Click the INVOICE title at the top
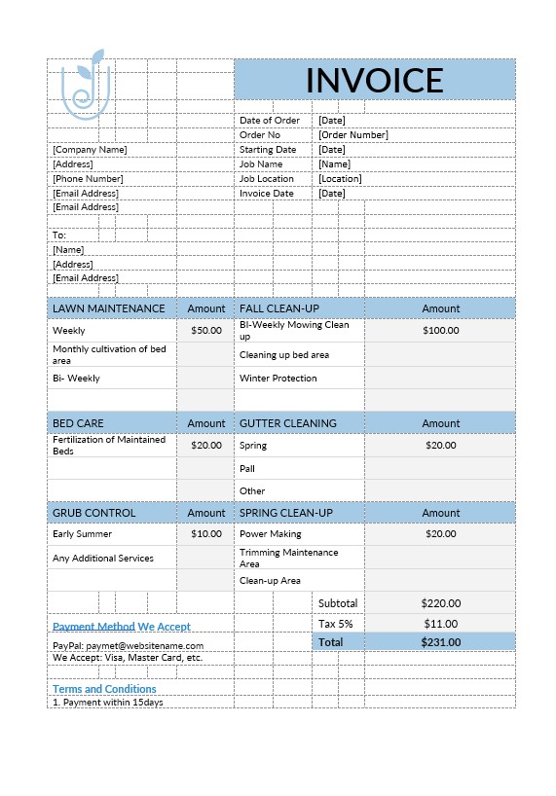374,80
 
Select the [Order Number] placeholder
352,135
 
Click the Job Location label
267,179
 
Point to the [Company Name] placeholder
90,150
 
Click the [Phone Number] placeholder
88,179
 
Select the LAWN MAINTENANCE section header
109,308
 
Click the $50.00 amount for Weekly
206,331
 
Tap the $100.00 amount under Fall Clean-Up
441,331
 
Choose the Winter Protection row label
278,379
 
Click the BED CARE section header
78,423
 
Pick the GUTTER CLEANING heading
288,423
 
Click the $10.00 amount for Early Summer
206,534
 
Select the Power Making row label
271,534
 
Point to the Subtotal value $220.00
441,603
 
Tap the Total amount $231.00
441,642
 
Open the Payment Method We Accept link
122,627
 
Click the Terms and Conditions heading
104,689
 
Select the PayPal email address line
129,645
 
